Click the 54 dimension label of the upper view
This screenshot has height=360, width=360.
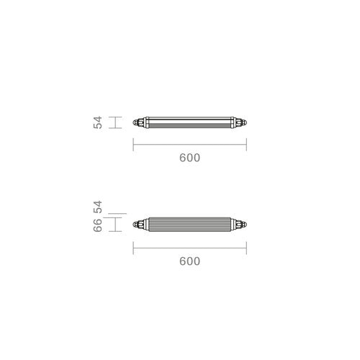[98, 122]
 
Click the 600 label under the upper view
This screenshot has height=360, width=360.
[189, 158]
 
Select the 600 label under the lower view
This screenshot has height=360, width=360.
[189, 261]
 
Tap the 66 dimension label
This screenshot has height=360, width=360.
[98, 225]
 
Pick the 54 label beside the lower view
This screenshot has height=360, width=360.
[98, 207]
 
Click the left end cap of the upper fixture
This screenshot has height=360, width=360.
[139, 122]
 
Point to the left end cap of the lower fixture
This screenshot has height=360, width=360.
[139, 225]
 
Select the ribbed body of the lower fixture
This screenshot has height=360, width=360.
[189, 225]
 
